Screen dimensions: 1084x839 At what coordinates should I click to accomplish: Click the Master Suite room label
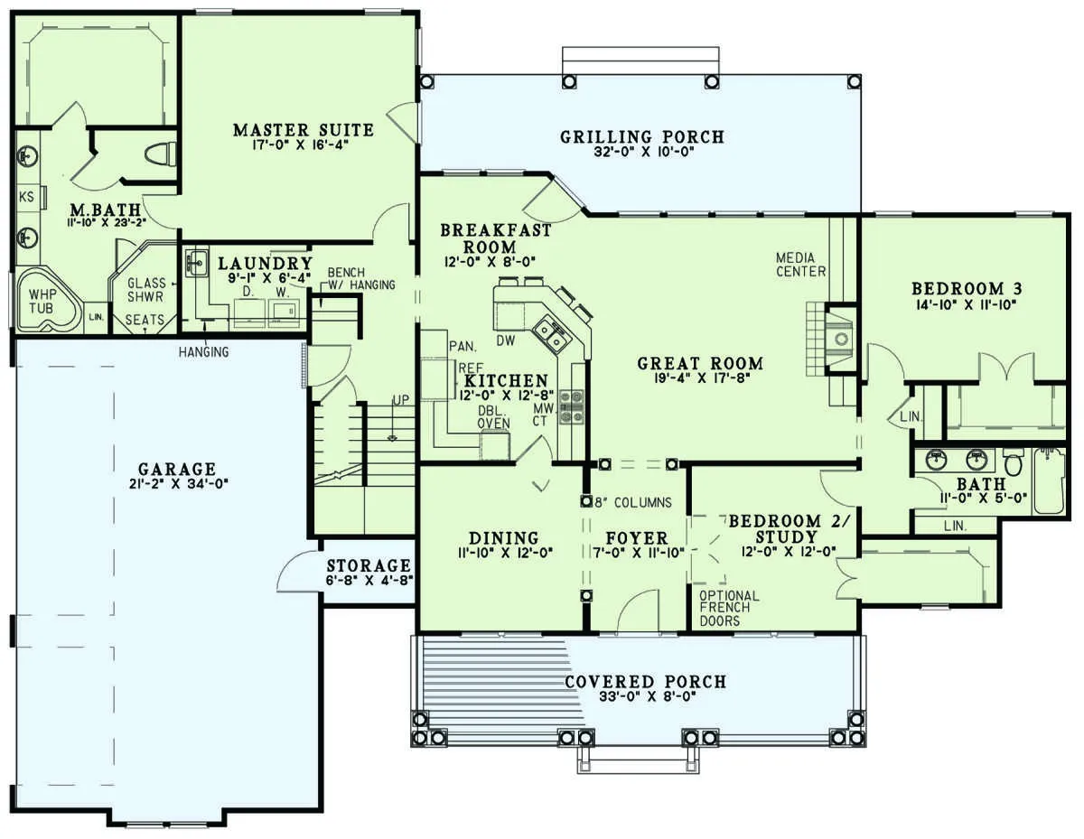[x=304, y=130]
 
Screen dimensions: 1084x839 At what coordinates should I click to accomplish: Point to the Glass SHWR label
[x=146, y=290]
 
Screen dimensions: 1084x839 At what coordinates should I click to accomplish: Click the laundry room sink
[x=197, y=262]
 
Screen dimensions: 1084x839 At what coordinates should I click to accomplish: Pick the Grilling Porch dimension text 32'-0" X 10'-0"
[x=644, y=152]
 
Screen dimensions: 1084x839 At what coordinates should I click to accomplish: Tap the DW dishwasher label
[x=505, y=340]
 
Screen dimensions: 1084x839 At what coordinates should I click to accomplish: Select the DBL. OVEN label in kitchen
[x=493, y=416]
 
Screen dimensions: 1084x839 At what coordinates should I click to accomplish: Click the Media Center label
[x=800, y=265]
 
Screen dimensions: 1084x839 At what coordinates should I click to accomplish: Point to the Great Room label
[x=700, y=363]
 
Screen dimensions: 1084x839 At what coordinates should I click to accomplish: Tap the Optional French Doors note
[x=729, y=608]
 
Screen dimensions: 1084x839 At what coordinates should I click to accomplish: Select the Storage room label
[x=369, y=565]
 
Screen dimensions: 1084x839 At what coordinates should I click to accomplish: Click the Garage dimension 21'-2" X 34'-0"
[x=179, y=483]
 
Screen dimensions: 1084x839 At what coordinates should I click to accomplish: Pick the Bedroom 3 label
[x=967, y=289]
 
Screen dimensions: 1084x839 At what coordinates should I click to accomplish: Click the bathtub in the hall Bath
[x=1049, y=480]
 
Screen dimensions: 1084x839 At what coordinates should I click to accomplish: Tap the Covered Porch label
[x=646, y=682]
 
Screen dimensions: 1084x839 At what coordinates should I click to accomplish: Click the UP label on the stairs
[x=400, y=400]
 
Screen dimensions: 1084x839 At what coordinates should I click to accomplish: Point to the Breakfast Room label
[x=495, y=238]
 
